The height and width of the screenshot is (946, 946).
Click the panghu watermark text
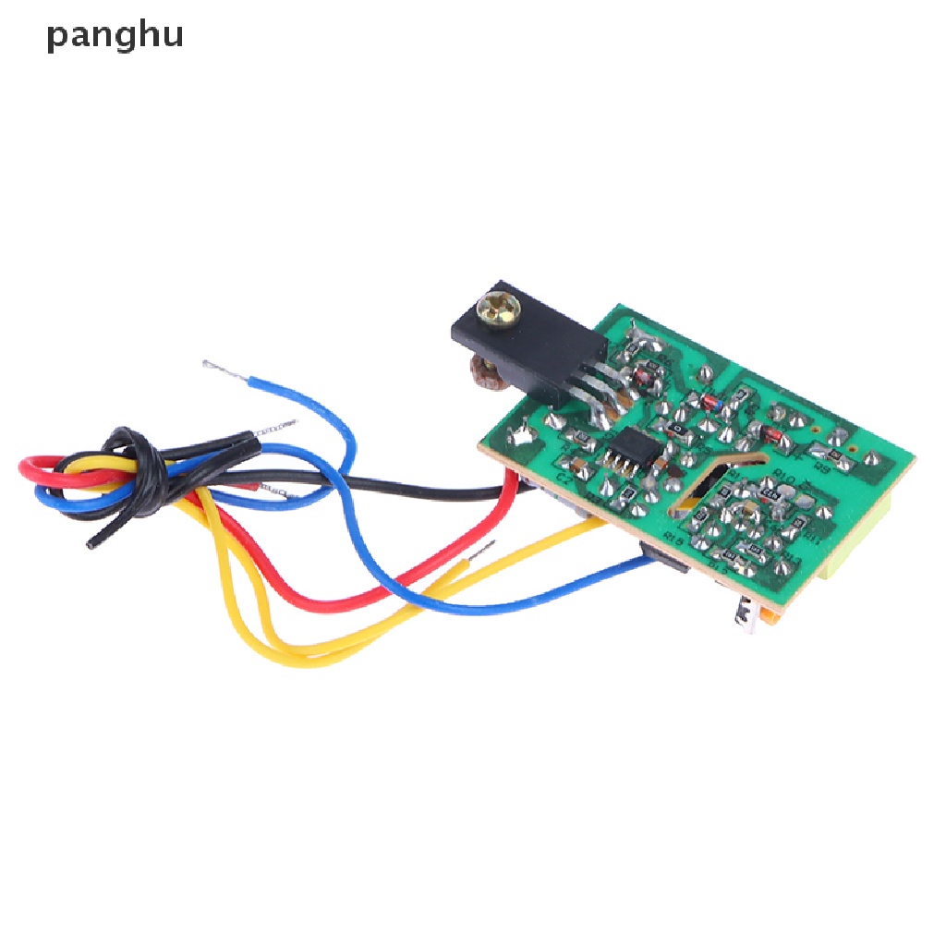pyautogui.click(x=115, y=36)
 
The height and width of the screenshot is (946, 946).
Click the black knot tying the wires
pyautogui.click(x=139, y=461)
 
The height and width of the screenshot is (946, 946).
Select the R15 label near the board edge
pyautogui.click(x=673, y=540)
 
